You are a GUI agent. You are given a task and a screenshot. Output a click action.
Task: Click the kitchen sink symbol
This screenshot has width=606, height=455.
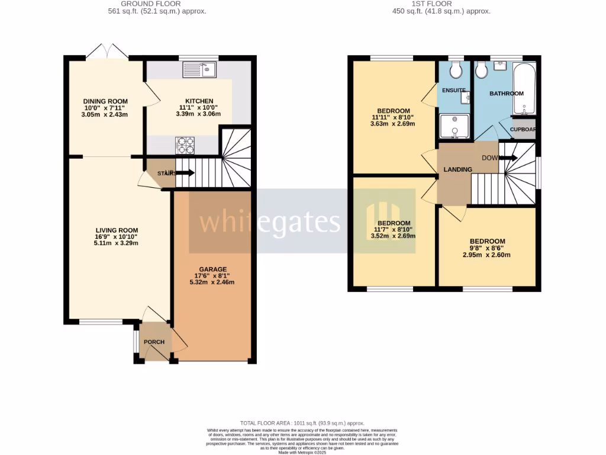199,70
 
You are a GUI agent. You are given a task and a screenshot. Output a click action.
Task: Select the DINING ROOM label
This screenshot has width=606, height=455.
105,101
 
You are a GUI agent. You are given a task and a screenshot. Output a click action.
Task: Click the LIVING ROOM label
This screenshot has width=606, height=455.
117,230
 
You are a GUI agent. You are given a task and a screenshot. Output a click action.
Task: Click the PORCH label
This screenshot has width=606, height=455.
154,342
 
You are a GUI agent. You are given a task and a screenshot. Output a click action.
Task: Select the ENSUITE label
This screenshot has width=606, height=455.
454,91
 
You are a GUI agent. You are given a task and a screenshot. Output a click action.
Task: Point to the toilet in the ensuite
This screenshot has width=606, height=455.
456,71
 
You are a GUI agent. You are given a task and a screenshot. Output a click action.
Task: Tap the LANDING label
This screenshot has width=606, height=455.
458,169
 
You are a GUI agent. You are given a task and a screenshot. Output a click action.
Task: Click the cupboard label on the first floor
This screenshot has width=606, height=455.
523,129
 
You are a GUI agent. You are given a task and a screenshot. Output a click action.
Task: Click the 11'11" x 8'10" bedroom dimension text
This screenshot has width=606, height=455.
394,117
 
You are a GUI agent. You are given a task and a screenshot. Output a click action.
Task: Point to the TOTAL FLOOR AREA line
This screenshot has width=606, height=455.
302,423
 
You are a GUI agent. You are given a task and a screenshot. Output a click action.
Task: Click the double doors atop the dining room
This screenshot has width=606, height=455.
107,52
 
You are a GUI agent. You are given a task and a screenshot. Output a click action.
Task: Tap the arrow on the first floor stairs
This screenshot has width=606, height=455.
510,158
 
